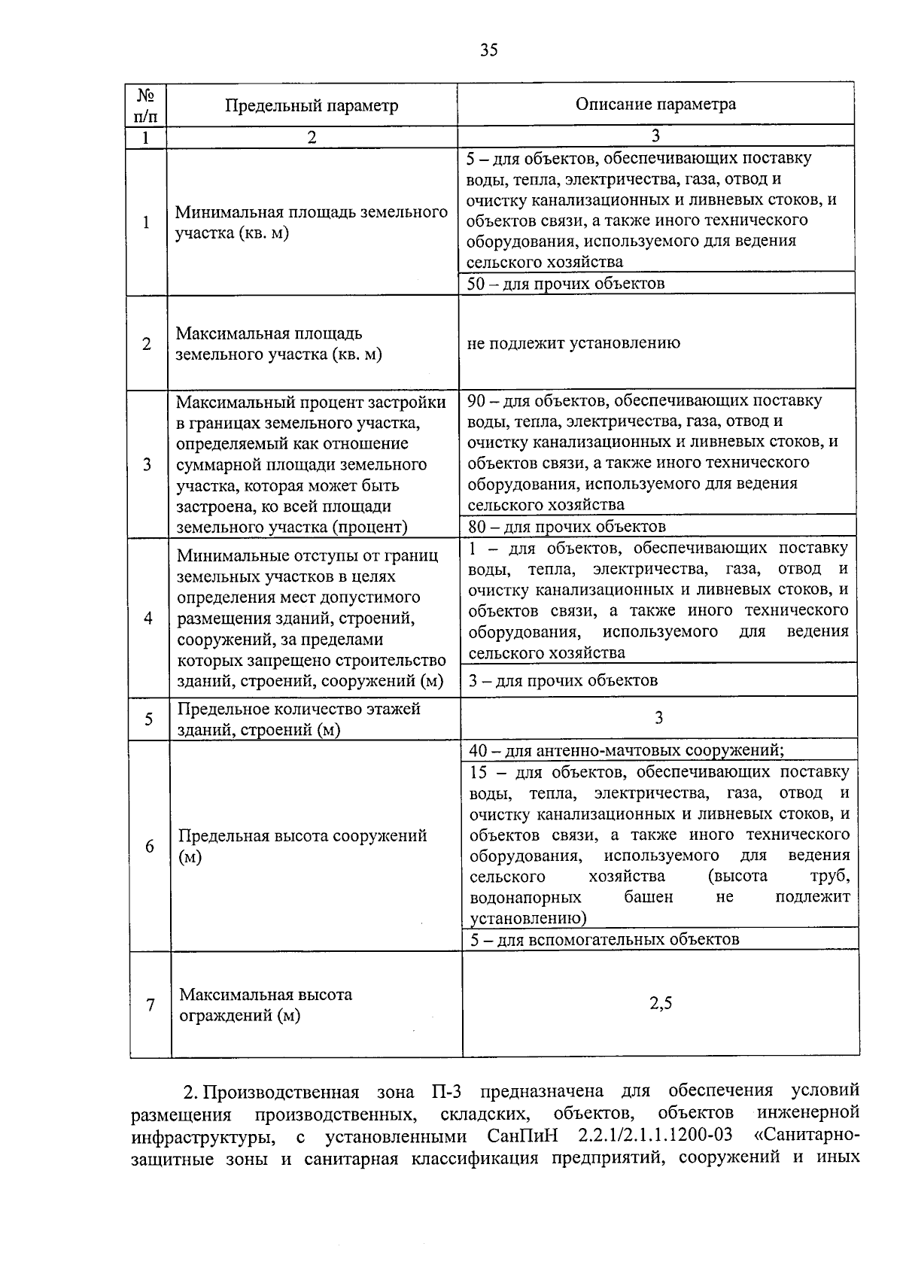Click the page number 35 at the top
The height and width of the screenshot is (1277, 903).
(x=488, y=50)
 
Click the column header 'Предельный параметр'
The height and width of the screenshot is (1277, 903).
(x=312, y=105)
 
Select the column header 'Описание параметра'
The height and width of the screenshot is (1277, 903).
(x=655, y=104)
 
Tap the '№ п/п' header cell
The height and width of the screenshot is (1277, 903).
(x=147, y=105)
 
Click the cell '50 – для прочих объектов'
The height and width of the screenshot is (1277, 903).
(x=566, y=284)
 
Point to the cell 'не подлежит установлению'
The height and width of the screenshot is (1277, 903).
(x=573, y=343)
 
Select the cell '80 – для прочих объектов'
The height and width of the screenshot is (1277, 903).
(x=567, y=526)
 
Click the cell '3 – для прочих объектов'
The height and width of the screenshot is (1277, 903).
(x=563, y=680)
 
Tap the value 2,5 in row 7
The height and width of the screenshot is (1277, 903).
(x=661, y=1003)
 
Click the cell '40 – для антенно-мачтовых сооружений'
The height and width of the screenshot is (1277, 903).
(x=626, y=750)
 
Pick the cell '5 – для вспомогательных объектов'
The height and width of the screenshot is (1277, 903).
(x=604, y=939)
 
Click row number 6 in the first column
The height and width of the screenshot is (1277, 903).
(x=150, y=847)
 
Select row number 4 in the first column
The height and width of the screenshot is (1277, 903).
(x=148, y=618)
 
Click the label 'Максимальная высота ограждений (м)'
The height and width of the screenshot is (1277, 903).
(x=265, y=1005)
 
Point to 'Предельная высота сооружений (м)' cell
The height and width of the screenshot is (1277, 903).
(x=302, y=846)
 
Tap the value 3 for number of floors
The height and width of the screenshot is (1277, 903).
(x=658, y=718)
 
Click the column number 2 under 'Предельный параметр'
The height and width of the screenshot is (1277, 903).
(x=312, y=137)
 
